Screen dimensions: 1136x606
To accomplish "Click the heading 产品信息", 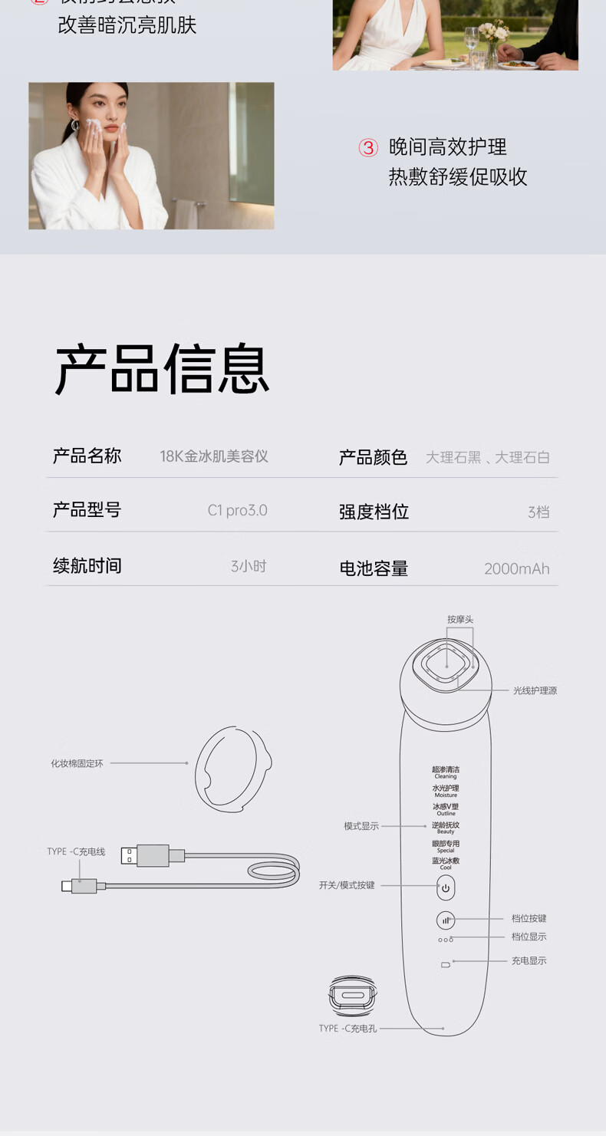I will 162,370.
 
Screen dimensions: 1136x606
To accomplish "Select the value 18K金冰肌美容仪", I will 214,456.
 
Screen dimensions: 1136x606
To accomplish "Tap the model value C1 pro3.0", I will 237,511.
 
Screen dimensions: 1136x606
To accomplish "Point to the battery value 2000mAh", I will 516,569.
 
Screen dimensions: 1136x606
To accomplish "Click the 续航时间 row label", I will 87,566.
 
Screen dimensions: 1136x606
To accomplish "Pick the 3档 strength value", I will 538,512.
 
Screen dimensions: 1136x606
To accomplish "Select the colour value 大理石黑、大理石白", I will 487,458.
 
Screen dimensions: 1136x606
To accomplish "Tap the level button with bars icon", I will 446,920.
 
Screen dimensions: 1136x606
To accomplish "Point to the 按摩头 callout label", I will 460,620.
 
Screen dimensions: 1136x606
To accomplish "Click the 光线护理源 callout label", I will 535,691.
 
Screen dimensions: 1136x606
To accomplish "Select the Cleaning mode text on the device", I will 446,772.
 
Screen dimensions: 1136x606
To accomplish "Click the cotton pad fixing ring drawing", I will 232,768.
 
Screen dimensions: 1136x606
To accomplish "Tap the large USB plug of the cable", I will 152,855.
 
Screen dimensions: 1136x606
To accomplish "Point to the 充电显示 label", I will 529,961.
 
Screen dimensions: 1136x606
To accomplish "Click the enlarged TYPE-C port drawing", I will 353,996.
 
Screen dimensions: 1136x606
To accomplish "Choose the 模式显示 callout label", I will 361,826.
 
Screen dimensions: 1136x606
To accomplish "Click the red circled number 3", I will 368,148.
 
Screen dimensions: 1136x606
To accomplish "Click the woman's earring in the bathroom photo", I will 75,125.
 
